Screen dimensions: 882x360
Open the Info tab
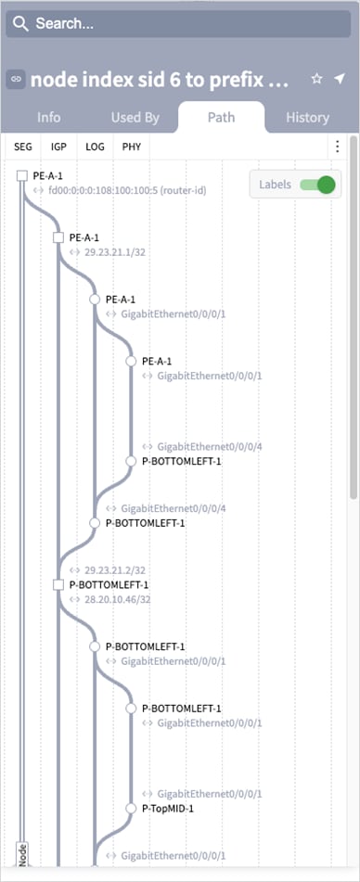click(x=49, y=118)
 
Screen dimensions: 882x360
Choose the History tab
click(x=307, y=118)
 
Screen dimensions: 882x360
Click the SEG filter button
click(x=23, y=147)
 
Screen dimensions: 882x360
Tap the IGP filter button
click(x=59, y=147)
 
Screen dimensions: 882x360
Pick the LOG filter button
click(x=96, y=147)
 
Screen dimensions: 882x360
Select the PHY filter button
click(x=131, y=147)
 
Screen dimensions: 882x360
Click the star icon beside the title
click(x=316, y=80)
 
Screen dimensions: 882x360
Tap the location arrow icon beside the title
click(x=339, y=80)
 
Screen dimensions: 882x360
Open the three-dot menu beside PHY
click(x=337, y=147)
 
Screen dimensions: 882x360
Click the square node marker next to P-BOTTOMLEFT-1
click(x=58, y=584)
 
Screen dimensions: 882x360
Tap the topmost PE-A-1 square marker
click(x=21, y=175)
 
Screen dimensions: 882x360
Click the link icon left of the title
click(x=16, y=80)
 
